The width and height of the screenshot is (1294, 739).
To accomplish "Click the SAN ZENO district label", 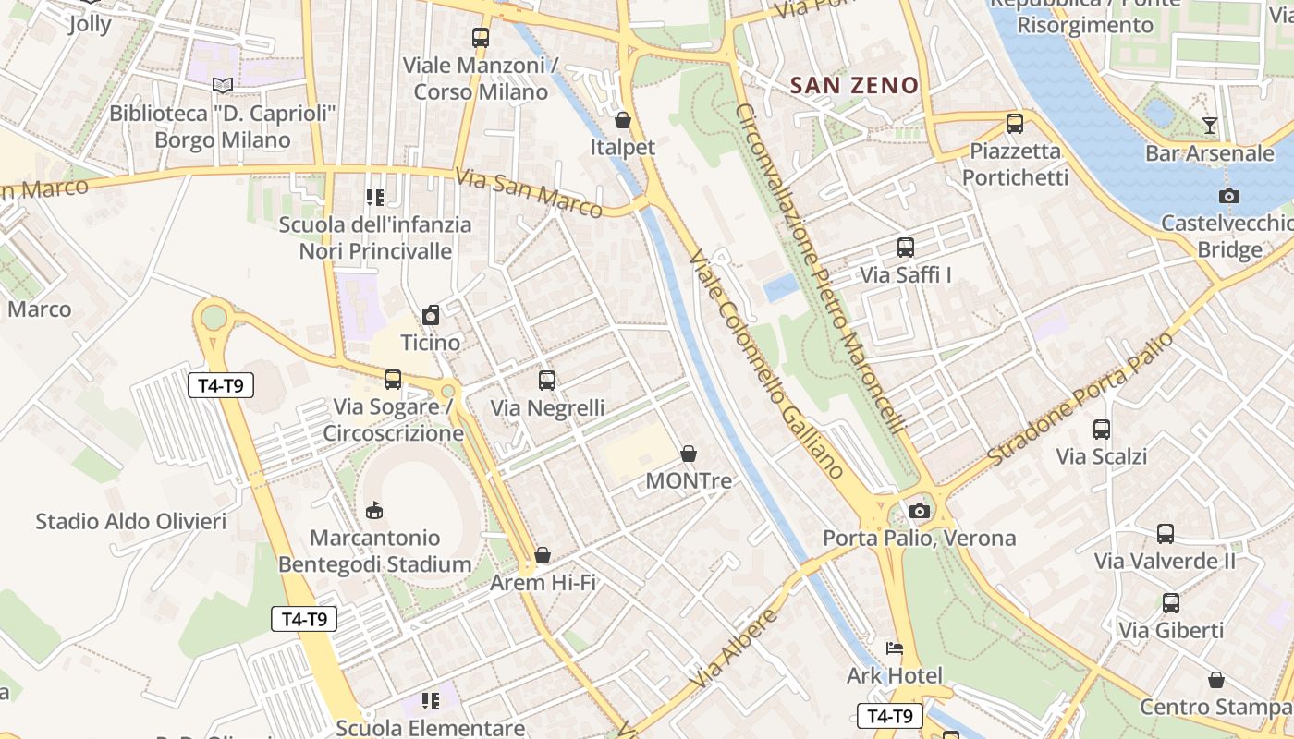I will (x=855, y=86).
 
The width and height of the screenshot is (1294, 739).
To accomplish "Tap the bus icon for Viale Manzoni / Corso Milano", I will (x=480, y=38).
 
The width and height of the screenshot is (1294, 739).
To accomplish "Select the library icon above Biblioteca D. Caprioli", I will (x=222, y=85).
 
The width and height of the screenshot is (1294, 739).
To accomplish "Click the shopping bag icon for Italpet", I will (x=623, y=120).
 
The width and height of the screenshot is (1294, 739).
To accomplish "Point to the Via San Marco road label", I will (x=529, y=193).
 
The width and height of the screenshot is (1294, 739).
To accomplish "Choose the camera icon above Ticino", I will (x=431, y=316).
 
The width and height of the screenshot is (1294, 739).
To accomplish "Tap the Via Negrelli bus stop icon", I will (x=547, y=380).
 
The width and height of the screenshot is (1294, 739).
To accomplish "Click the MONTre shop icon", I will (x=689, y=454).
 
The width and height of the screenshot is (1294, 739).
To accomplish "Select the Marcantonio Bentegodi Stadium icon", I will (x=374, y=510).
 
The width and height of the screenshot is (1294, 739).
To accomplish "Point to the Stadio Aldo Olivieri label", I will (x=130, y=522).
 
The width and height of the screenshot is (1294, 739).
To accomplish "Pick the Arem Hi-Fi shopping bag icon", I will (x=543, y=555).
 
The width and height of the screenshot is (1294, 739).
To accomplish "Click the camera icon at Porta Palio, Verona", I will (x=919, y=511).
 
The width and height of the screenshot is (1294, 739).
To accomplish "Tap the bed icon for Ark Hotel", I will (x=895, y=648).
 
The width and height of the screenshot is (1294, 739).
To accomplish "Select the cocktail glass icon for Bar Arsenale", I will (x=1209, y=126).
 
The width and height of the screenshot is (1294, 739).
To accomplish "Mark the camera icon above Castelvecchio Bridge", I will (x=1229, y=196).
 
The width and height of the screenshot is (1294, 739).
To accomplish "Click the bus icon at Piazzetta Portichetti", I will (x=1015, y=123).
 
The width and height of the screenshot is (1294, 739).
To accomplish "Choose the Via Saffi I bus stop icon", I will (x=906, y=248).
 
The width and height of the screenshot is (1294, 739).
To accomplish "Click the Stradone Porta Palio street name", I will (x=1080, y=399).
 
